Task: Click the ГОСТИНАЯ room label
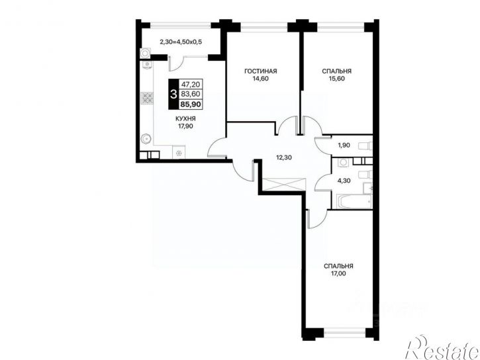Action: click(x=260, y=71)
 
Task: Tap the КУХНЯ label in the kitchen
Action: click(x=185, y=118)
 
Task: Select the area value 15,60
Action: click(x=337, y=79)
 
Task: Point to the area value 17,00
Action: click(x=338, y=273)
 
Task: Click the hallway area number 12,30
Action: click(x=284, y=157)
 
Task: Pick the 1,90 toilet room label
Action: click(x=344, y=146)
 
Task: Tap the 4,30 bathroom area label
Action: click(x=344, y=181)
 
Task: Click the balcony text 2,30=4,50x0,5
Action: click(x=181, y=42)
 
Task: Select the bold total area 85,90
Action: click(x=191, y=105)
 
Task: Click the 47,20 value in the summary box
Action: click(x=191, y=84)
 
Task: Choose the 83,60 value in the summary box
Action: click(x=191, y=94)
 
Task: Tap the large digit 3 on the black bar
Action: click(x=173, y=94)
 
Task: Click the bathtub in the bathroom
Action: click(x=354, y=201)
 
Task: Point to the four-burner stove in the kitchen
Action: click(x=147, y=98)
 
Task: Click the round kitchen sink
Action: click(x=146, y=139)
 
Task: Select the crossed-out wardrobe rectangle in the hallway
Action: click(x=284, y=184)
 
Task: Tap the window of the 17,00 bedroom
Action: click(x=344, y=332)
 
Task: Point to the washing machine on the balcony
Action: click(x=145, y=54)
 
